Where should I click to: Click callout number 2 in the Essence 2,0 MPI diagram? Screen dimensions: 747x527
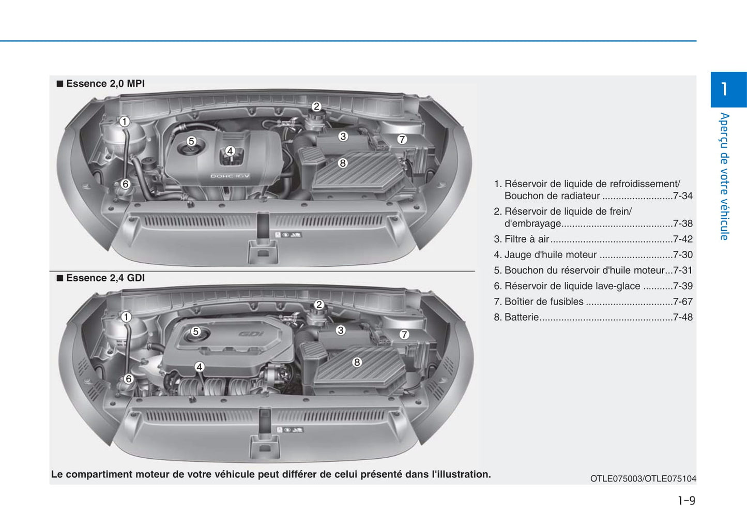[316, 107]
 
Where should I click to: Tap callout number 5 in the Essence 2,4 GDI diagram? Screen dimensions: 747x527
[196, 332]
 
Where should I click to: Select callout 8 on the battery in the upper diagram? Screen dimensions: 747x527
[343, 163]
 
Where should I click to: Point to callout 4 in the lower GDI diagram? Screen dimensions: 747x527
[200, 367]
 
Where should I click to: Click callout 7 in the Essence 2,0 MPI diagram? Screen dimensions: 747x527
[402, 139]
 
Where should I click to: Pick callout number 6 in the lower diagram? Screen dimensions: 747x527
[128, 379]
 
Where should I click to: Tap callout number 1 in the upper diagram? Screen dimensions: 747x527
[125, 122]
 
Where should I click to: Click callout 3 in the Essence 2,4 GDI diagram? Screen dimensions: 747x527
[341, 330]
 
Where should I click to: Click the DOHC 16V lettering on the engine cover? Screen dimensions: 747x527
[230, 176]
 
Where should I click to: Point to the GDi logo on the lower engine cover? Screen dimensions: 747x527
[251, 334]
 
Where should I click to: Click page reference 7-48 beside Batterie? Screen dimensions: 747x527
[682, 317]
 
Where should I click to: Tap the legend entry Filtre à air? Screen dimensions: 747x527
[527, 239]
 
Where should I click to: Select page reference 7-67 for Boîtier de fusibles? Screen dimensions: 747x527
[682, 302]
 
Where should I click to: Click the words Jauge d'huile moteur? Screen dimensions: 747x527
[551, 254]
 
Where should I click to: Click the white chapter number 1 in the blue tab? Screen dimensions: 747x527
[724, 89]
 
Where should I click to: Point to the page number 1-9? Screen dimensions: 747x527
[687, 500]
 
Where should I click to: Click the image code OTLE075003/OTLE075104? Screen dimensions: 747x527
[643, 478]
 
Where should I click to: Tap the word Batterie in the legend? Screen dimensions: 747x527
[522, 317]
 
